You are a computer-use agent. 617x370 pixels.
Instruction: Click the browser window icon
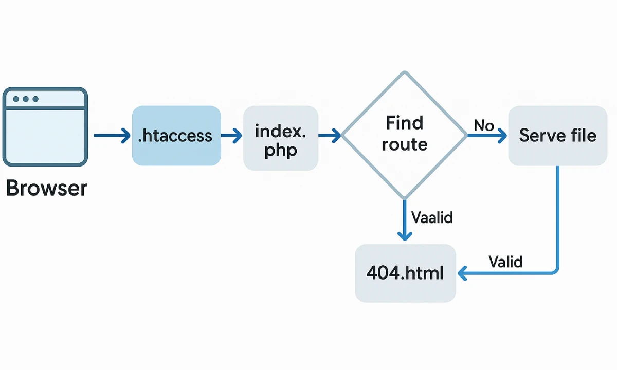45,127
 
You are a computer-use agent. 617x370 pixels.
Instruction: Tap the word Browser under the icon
47,189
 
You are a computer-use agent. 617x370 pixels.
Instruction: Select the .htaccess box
176,136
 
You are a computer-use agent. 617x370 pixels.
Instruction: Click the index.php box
281,138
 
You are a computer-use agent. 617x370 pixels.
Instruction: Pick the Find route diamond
405,135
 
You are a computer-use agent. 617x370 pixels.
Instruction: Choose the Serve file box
558,136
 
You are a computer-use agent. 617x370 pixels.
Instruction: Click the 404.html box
405,273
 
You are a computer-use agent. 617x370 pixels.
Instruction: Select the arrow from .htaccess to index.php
231,136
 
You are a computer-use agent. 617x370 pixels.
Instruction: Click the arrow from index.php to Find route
330,136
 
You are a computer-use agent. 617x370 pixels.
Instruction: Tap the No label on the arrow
484,125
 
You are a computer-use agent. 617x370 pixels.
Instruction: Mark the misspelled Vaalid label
432,217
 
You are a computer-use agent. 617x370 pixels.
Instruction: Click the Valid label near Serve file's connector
505,262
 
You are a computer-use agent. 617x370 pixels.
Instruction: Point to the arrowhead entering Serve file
501,136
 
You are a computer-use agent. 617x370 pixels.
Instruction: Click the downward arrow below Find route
405,221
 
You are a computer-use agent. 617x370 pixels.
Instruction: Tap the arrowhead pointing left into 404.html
462,273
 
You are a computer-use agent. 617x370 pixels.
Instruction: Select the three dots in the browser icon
26,99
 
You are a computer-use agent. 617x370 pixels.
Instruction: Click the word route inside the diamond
405,145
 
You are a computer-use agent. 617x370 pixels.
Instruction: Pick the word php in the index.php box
281,152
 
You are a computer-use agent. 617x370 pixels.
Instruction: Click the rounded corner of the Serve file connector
555,270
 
